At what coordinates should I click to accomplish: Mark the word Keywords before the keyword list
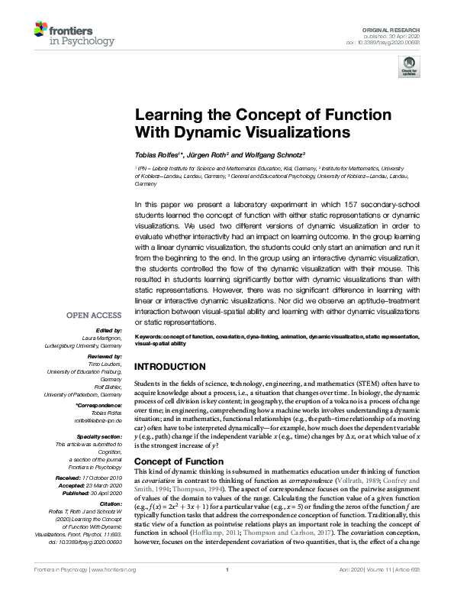click(149, 337)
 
